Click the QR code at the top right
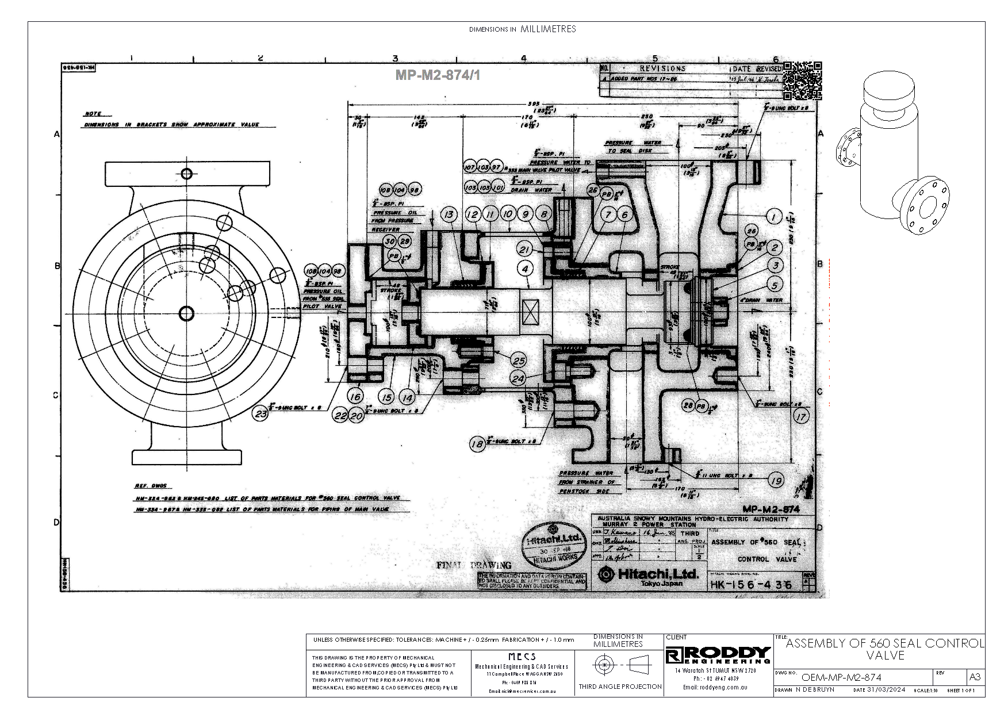coord(802,80)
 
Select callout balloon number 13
coord(450,214)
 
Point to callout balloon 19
coord(776,481)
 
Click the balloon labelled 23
coord(262,413)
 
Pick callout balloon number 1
coord(774,216)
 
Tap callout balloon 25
coord(519,361)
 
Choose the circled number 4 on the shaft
coord(525,268)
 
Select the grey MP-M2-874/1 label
coord(438,75)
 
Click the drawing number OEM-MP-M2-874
coord(841,677)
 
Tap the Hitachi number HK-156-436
coord(750,585)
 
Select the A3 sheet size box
coord(975,677)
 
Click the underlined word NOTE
coord(93,114)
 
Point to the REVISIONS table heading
coord(662,68)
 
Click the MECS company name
coord(522,656)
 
